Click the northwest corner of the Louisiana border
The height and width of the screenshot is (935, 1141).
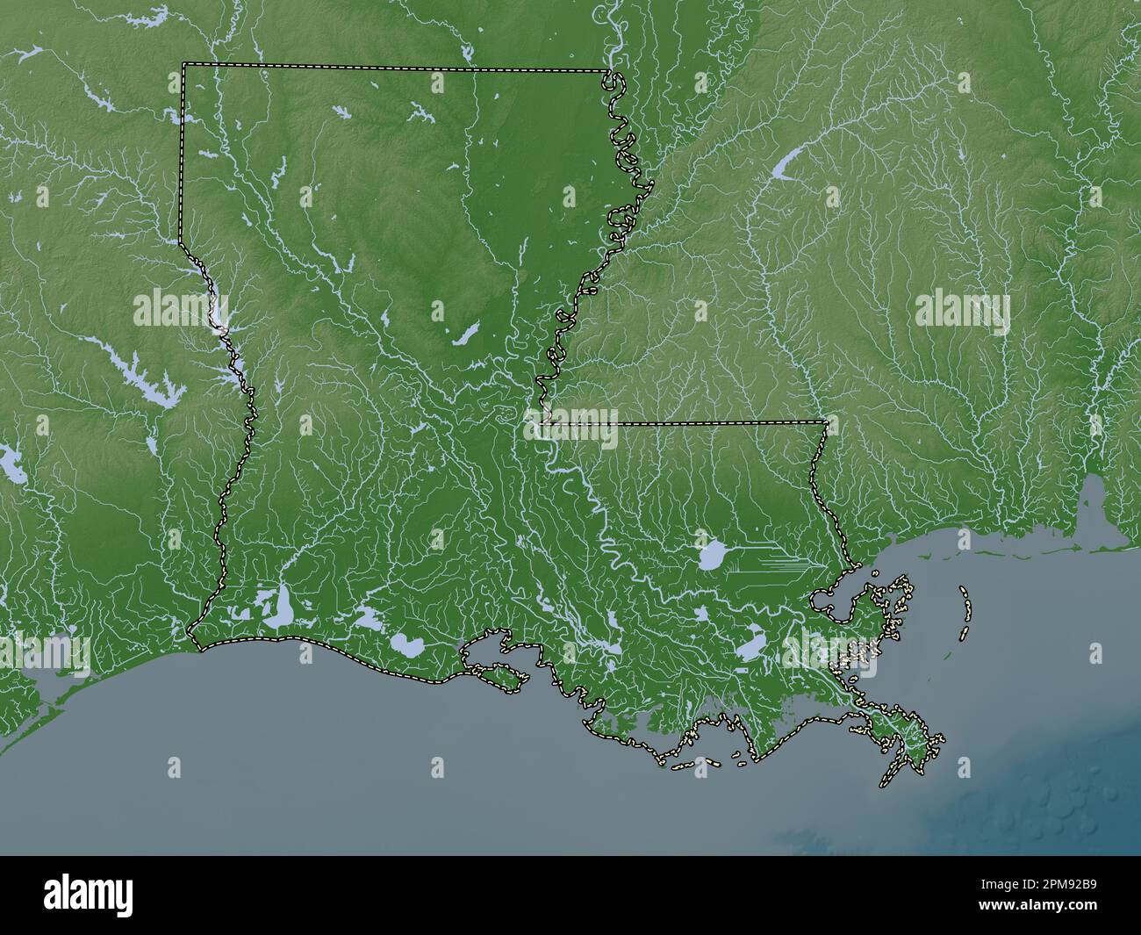tap(183, 64)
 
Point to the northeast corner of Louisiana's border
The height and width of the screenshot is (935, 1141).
tap(609, 71)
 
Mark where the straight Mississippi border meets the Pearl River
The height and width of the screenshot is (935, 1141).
tap(826, 423)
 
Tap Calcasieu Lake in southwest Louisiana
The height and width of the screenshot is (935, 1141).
tap(283, 607)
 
